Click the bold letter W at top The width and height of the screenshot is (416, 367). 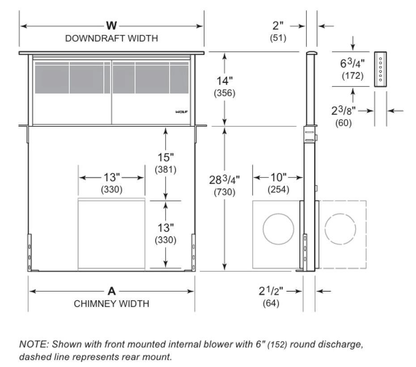112,26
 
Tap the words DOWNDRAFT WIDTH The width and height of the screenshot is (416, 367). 111,38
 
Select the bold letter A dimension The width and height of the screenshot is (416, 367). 112,291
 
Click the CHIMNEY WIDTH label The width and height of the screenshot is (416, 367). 111,304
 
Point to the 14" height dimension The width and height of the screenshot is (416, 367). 224,81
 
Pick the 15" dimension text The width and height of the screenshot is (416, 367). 166,158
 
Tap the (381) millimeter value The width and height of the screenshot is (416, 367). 166,170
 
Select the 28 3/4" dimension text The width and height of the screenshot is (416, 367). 225,180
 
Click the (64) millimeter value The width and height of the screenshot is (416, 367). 272,303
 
